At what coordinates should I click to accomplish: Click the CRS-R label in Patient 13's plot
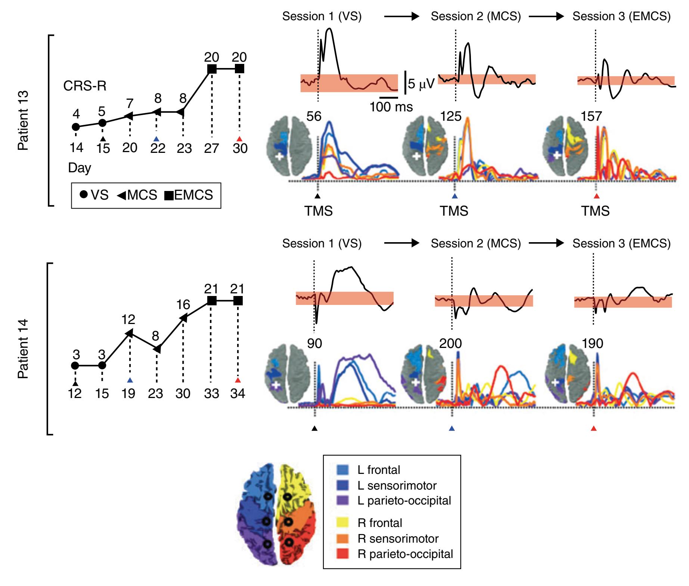click(x=85, y=86)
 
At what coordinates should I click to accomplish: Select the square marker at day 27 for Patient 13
click(x=212, y=69)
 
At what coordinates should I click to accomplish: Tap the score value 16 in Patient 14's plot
click(x=183, y=305)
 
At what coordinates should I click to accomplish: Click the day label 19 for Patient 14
click(x=129, y=394)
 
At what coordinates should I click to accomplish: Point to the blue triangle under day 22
click(x=156, y=139)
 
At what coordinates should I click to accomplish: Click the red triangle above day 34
click(x=238, y=380)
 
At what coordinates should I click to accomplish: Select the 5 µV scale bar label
click(x=421, y=84)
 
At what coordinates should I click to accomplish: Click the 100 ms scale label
click(x=391, y=107)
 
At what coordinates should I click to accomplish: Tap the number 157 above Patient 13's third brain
click(x=591, y=116)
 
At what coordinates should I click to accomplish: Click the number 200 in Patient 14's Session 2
click(x=450, y=343)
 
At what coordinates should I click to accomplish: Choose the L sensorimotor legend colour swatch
click(x=342, y=485)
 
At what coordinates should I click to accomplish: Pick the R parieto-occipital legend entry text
click(x=405, y=554)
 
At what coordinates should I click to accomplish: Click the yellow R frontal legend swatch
click(x=342, y=522)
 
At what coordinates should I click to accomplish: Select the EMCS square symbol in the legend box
click(x=169, y=195)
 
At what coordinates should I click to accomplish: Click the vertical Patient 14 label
click(x=23, y=349)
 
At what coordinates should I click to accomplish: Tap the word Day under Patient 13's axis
click(x=80, y=168)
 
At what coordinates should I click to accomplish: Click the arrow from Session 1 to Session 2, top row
click(x=402, y=16)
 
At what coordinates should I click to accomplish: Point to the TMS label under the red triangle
click(x=595, y=211)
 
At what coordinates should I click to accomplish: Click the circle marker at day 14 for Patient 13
click(x=76, y=127)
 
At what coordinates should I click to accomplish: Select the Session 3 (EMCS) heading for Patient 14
click(x=621, y=244)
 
